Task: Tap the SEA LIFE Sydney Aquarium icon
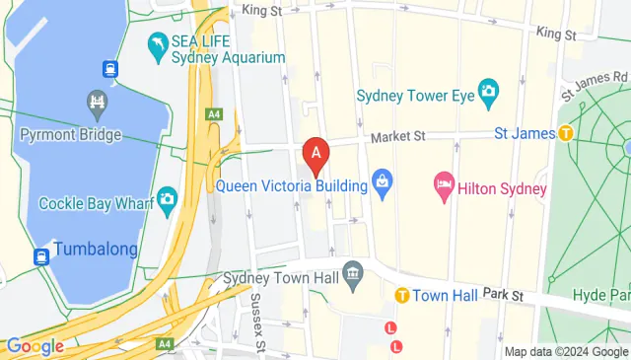pyautogui.click(x=157, y=43)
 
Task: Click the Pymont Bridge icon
pyautogui.click(x=97, y=102)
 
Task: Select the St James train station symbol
pyautogui.click(x=566, y=133)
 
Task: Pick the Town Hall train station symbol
pyautogui.click(x=402, y=295)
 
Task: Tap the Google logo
pyautogui.click(x=35, y=346)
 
